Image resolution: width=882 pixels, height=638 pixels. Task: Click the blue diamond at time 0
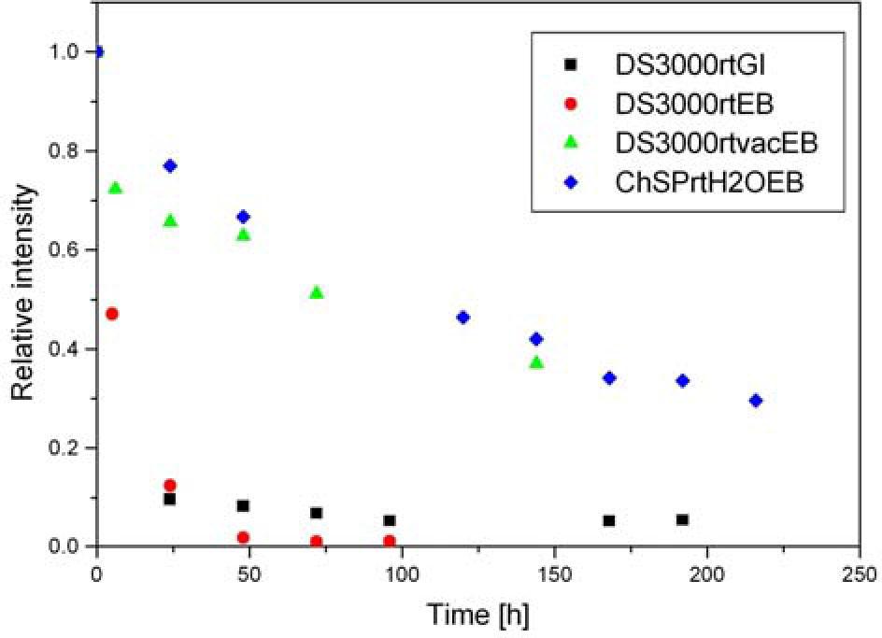coord(98,52)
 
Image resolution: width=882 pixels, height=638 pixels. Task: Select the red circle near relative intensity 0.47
coord(112,314)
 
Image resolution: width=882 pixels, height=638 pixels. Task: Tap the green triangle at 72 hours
coord(316,293)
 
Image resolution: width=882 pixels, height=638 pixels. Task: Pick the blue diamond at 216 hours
coord(756,401)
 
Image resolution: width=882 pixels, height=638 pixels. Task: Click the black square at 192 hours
coord(682,519)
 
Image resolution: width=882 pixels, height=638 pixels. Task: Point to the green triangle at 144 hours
coord(536,362)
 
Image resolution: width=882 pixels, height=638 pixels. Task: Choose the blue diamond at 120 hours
coord(462,318)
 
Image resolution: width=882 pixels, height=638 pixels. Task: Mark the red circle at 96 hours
coord(389,541)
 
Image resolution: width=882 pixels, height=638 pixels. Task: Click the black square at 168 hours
coord(609,520)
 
